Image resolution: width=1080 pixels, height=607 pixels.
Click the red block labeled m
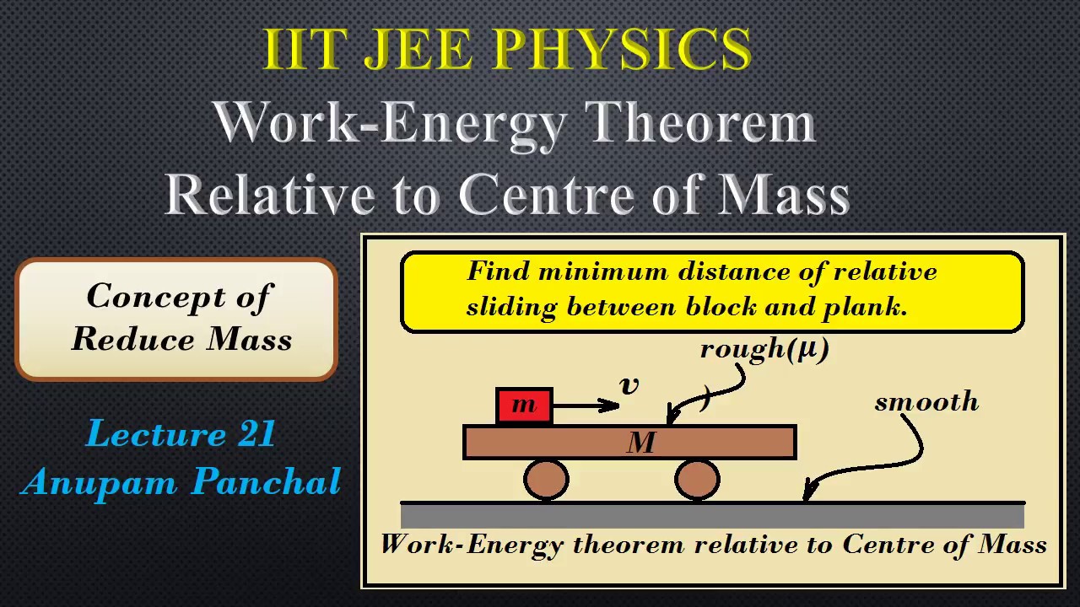pyautogui.click(x=524, y=406)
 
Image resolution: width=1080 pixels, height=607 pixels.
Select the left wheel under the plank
pyautogui.click(x=546, y=479)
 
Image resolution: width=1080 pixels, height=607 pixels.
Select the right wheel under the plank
pyautogui.click(x=697, y=479)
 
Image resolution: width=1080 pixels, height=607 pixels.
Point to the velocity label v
pyautogui.click(x=629, y=385)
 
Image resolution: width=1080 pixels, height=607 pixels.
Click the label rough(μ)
pyautogui.click(x=764, y=348)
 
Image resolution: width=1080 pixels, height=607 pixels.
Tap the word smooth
pyautogui.click(x=926, y=402)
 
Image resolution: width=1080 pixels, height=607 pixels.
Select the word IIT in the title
pyautogui.click(x=301, y=50)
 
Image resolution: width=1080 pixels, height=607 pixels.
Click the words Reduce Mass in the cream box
pyautogui.click(x=181, y=339)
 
